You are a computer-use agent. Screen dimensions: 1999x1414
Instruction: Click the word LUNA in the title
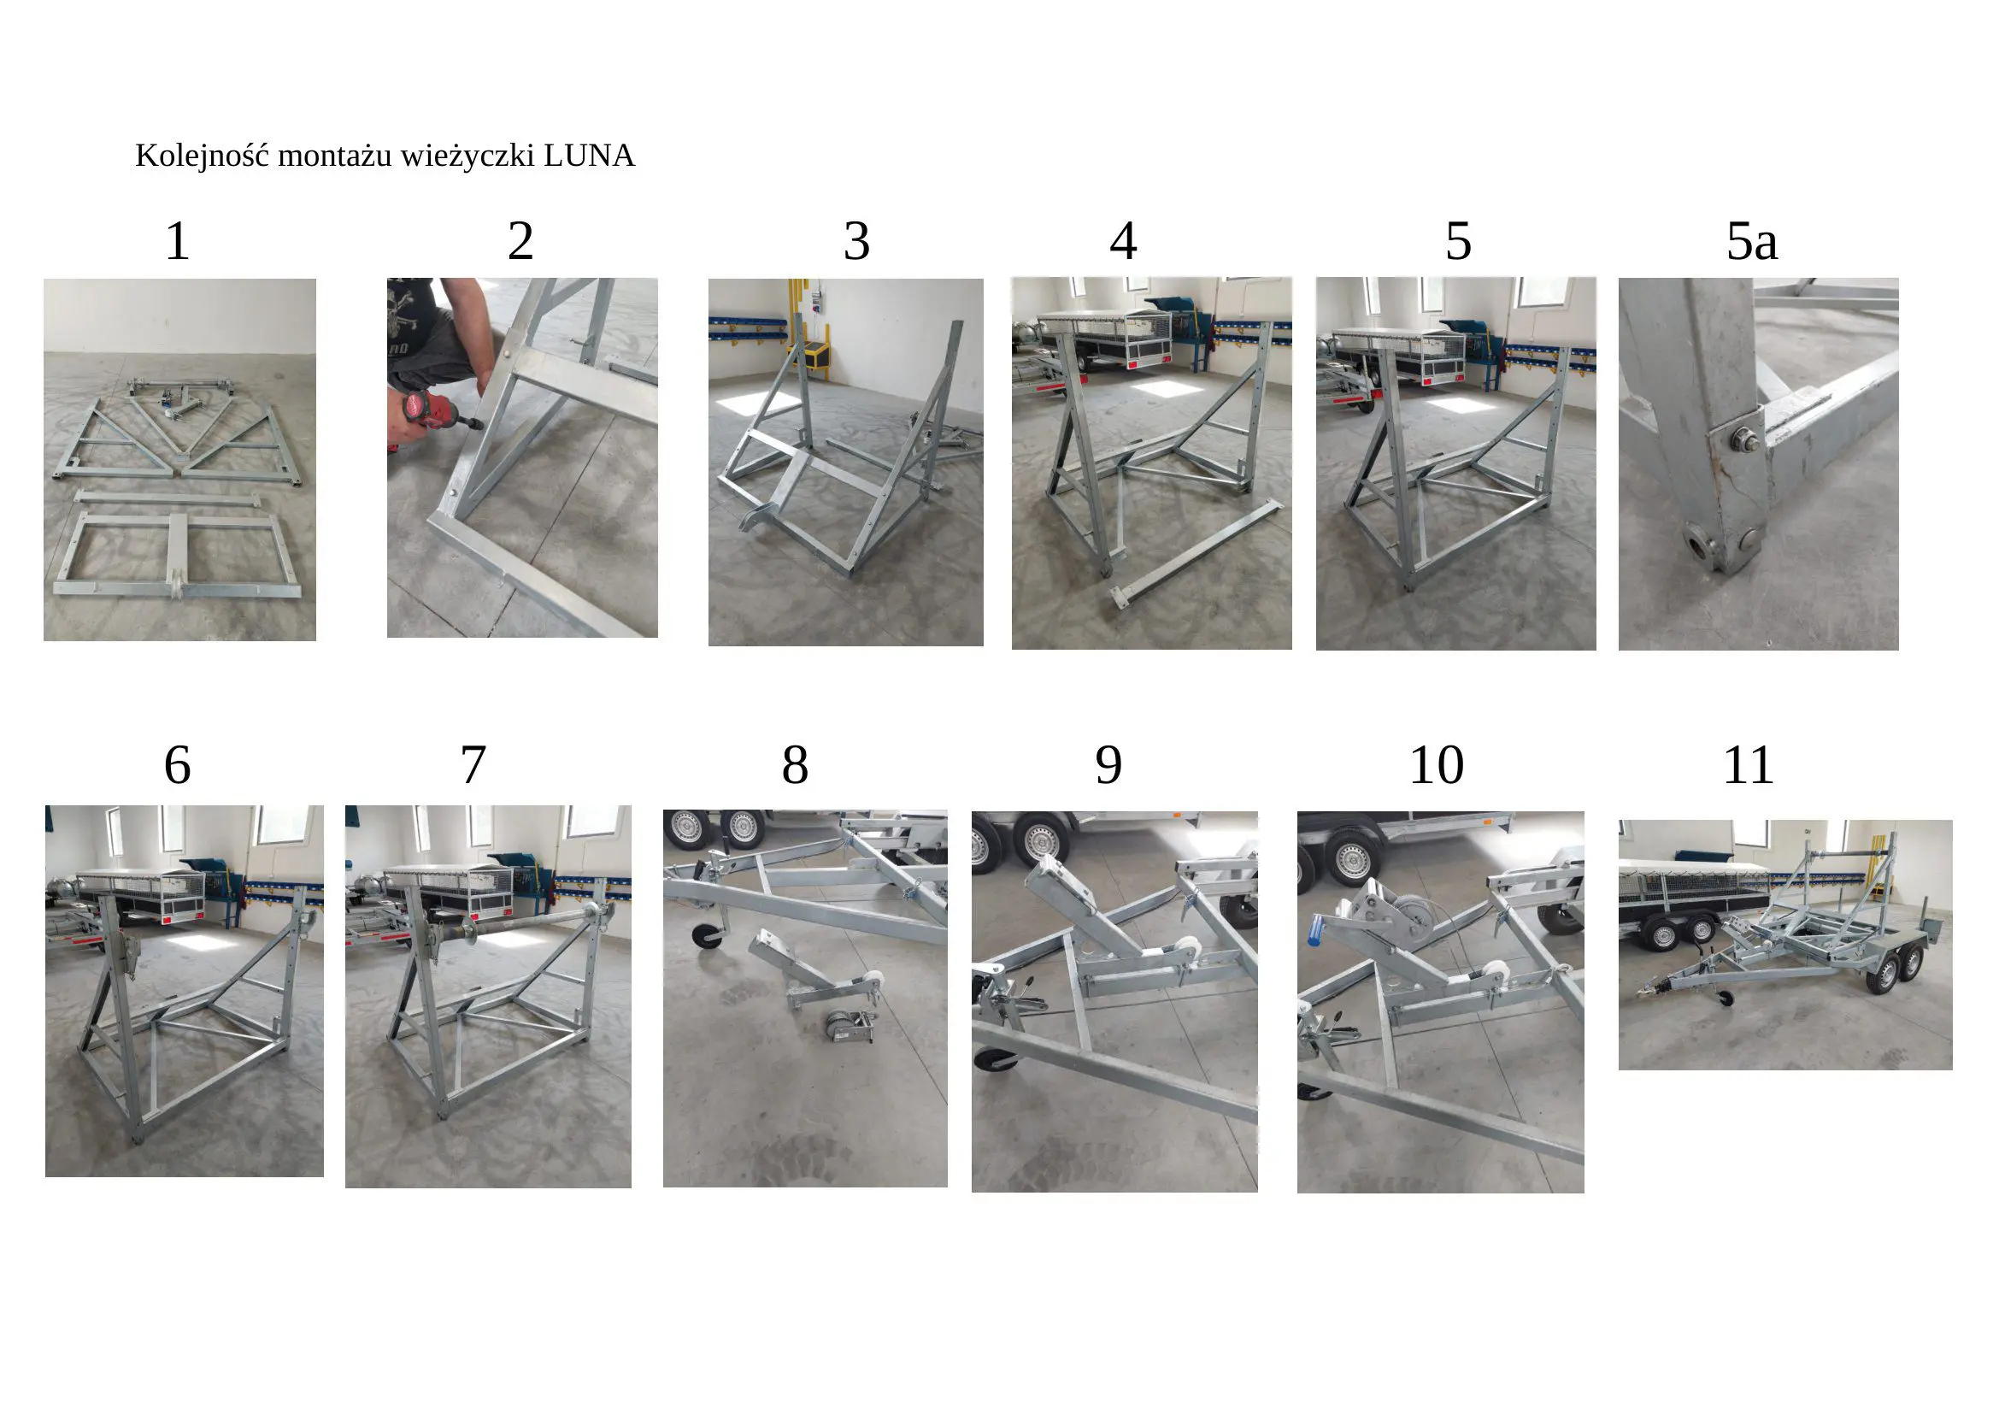point(589,156)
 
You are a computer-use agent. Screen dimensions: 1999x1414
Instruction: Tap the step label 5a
point(1751,241)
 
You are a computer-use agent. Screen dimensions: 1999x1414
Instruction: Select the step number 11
point(1749,765)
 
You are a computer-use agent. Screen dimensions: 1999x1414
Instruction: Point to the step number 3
point(856,241)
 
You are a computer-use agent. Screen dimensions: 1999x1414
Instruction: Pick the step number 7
point(473,765)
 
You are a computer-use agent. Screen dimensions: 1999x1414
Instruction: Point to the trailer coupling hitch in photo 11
point(1648,989)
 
